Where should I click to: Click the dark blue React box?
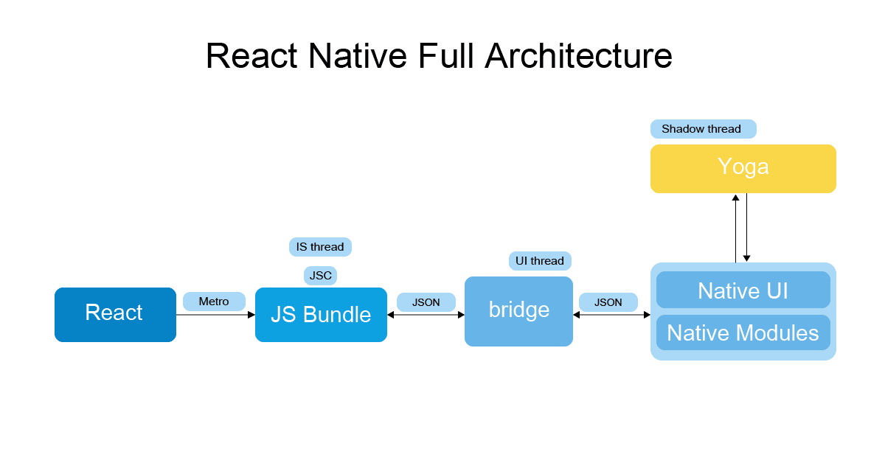pyautogui.click(x=115, y=314)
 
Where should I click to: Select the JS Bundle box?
pyautogui.click(x=321, y=315)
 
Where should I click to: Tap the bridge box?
pyautogui.click(x=518, y=310)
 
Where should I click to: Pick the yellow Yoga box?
pyautogui.click(x=743, y=168)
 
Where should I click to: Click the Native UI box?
pyautogui.click(x=743, y=290)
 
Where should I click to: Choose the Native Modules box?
pyautogui.click(x=743, y=333)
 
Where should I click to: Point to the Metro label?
pyautogui.click(x=214, y=302)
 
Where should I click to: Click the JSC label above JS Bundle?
pyautogui.click(x=320, y=276)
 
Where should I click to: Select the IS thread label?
pyautogui.click(x=320, y=247)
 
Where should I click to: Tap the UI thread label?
pyautogui.click(x=540, y=261)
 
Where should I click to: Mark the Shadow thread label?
pyautogui.click(x=703, y=129)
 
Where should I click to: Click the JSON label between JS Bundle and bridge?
pyautogui.click(x=426, y=302)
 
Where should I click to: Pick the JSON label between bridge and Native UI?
pyautogui.click(x=608, y=302)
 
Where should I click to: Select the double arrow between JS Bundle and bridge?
pyautogui.click(x=426, y=315)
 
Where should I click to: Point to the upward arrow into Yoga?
pyautogui.click(x=735, y=229)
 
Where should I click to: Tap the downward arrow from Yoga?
pyautogui.click(x=747, y=229)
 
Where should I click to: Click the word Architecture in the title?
pyautogui.click(x=578, y=56)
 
